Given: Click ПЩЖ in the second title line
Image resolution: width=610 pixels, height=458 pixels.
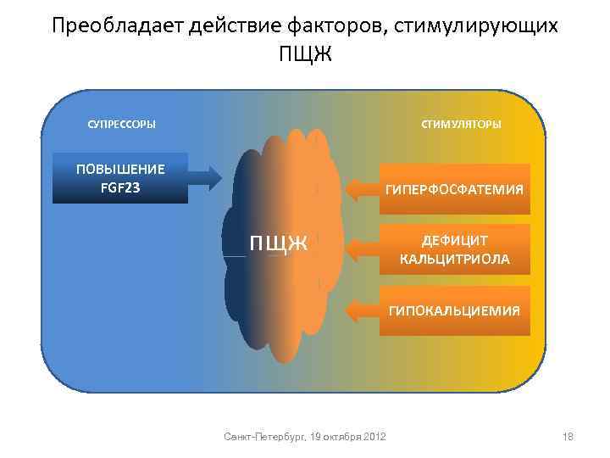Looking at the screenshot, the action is click(305, 56).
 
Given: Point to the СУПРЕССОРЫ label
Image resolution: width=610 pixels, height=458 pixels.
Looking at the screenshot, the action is click(122, 125).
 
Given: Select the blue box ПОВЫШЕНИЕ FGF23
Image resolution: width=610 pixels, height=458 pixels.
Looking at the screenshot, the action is click(120, 178).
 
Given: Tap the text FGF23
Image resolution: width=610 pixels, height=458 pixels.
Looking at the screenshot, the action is click(120, 187).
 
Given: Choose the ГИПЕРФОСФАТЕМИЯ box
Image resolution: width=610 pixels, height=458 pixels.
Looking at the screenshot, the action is click(455, 189).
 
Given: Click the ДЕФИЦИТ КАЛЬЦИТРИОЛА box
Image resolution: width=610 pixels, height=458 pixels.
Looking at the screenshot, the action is click(455, 249).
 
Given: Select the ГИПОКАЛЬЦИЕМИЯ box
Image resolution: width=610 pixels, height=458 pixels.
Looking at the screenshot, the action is click(455, 310).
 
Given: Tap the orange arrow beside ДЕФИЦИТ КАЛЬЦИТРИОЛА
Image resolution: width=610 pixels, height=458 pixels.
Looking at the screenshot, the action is click(363, 249).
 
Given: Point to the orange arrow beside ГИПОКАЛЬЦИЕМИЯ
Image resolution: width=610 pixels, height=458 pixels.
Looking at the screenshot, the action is click(363, 310).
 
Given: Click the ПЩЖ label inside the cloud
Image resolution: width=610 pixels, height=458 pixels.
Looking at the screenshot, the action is click(277, 245).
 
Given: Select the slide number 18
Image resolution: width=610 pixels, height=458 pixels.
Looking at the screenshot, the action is click(568, 436).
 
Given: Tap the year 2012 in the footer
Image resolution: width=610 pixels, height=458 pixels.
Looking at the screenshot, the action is click(373, 436).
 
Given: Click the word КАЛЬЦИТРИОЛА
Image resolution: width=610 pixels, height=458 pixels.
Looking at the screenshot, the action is click(455, 259).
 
